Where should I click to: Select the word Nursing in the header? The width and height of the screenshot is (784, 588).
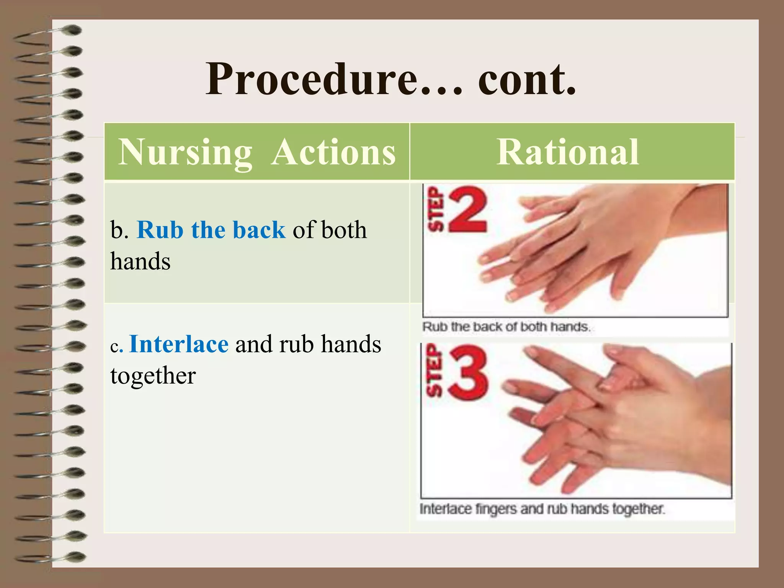[x=185, y=152]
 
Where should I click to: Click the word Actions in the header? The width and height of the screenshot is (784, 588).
[x=333, y=152]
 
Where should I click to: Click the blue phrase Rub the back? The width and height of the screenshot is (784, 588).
[x=211, y=230]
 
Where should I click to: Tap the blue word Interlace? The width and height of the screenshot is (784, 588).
[x=179, y=344]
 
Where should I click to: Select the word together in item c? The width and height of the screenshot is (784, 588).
[x=153, y=376]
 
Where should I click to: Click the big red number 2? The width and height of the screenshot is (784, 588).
[x=468, y=210]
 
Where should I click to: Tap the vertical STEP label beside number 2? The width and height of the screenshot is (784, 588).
[x=435, y=210]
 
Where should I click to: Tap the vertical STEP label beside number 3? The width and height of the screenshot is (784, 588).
[x=434, y=371]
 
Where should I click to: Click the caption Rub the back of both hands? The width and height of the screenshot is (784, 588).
[x=506, y=327]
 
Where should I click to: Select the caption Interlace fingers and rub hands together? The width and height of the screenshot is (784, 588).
[x=542, y=509]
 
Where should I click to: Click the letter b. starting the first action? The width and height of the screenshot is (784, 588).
[x=119, y=230]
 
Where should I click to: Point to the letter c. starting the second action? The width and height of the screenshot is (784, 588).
[x=116, y=346]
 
